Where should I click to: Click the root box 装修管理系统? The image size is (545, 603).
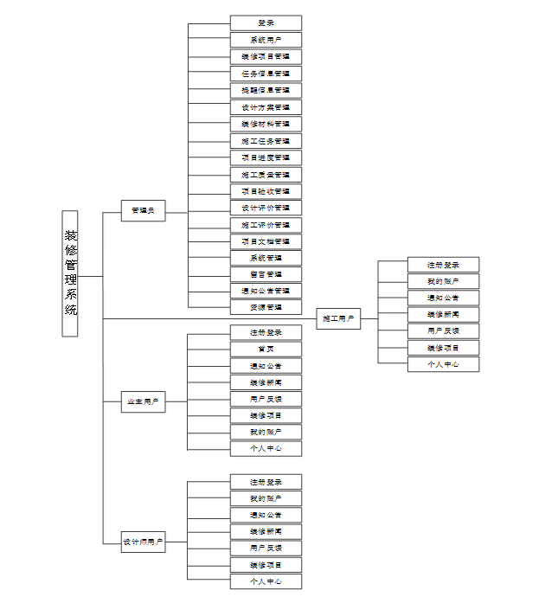coord(70,273)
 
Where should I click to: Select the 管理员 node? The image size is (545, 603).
coord(143,210)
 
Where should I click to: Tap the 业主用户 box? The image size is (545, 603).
coord(143,401)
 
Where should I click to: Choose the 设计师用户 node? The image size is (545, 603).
coord(143,542)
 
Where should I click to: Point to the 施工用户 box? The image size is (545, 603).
coord(338,318)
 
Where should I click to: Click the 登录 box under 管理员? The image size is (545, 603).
coord(266,22)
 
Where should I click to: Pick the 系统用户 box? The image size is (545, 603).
coord(266,40)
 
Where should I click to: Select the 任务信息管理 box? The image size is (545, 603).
coord(266,74)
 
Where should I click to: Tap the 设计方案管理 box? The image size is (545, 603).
coord(266,107)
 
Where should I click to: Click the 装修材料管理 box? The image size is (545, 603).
coord(266,124)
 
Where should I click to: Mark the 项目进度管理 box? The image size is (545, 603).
coord(266,157)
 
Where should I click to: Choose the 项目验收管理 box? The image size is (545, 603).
coord(266,191)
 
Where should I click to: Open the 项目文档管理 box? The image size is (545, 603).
coord(266,241)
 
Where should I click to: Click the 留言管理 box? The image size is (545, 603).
coord(266,274)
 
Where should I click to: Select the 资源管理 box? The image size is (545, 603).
coord(266,307)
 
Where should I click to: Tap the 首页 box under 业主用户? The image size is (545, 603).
coord(266,349)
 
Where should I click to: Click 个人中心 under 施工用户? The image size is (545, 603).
coord(443,364)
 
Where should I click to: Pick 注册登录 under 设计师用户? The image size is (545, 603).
coord(266,482)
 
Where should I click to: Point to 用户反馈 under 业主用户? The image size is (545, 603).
coord(266,399)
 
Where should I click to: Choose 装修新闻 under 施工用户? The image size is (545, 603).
coord(443,314)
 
